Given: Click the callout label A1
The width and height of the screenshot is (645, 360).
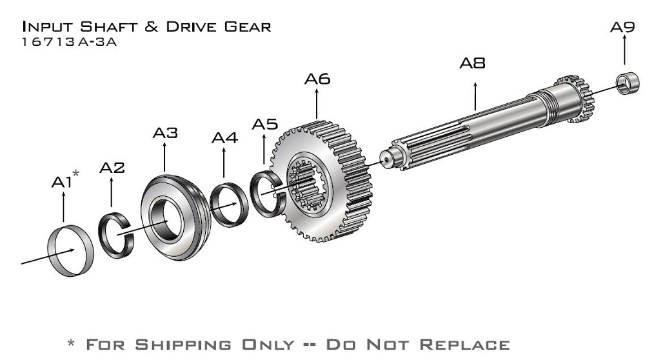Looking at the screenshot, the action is tap(62, 182).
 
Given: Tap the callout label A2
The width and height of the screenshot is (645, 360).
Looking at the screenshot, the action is tap(112, 168).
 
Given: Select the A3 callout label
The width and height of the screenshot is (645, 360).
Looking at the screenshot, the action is tap(165, 133).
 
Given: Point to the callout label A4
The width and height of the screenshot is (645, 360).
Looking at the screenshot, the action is tap(224, 138).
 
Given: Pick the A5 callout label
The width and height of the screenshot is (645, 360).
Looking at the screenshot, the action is tap(265, 124).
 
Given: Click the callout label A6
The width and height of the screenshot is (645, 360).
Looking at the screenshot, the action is tap(317, 79).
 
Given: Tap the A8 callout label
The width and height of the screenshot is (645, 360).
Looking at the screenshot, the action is tap(472, 63).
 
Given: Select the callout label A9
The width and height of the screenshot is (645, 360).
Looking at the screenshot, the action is tap(622, 27).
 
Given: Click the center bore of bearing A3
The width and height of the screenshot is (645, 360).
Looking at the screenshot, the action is tap(165, 220).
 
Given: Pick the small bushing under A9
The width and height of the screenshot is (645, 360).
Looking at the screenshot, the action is tap(628, 83).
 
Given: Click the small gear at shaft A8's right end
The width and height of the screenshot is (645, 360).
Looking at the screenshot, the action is tap(576, 98).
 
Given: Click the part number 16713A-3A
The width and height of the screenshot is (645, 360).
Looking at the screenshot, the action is tap(70, 42).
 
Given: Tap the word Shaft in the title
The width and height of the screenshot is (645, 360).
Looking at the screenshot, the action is tap(108, 26).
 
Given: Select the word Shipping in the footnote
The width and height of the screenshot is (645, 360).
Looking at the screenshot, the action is tap(183, 345).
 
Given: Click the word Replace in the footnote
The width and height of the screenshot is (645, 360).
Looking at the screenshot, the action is tap(464, 345).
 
